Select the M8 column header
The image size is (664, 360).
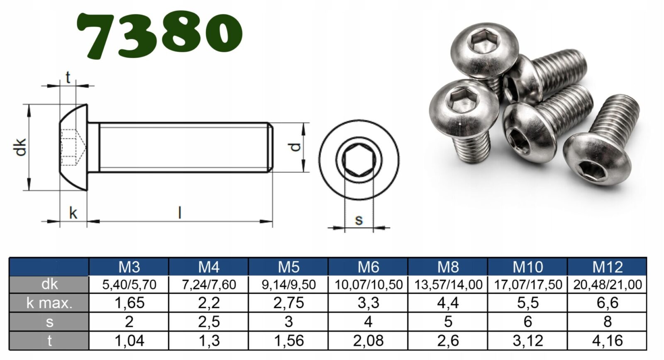click(448, 267)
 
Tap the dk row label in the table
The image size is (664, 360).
click(49, 285)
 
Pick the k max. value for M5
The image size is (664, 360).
click(288, 303)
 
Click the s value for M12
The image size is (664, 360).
click(608, 322)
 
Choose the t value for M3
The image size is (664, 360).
click(129, 341)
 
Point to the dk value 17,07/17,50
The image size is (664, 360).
click(527, 285)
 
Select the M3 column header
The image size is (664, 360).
click(129, 267)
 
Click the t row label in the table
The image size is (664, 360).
click(49, 341)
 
